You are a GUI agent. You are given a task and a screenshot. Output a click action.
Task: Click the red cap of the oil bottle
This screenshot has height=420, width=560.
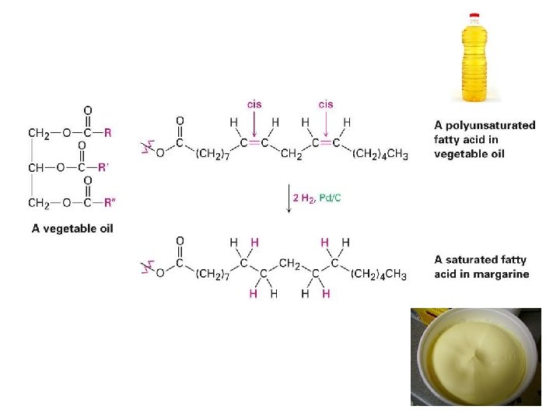[x=474, y=16]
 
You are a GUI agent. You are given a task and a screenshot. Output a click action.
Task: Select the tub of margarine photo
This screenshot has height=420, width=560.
[x=476, y=357]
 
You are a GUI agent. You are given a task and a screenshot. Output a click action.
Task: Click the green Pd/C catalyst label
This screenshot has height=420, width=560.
[x=330, y=198]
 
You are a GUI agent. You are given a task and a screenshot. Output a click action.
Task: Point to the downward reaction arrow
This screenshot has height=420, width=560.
[x=289, y=198]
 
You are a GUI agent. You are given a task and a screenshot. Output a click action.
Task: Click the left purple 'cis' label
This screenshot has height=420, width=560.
[x=254, y=104]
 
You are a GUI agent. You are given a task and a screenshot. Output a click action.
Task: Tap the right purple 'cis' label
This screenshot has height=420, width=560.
[x=326, y=104]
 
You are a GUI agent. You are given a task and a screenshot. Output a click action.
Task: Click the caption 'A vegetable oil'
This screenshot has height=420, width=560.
[x=72, y=229]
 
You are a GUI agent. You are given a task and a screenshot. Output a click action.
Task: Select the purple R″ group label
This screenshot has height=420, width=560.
[x=110, y=203]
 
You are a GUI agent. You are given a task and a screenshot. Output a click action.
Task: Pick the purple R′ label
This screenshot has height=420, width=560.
[x=103, y=167]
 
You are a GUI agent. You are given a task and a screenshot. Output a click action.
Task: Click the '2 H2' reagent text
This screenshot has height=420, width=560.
[x=304, y=198]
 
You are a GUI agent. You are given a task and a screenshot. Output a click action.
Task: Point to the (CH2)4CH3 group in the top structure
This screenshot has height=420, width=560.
[x=380, y=154]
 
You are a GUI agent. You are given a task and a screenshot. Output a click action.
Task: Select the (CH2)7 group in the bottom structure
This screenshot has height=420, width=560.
[x=212, y=275]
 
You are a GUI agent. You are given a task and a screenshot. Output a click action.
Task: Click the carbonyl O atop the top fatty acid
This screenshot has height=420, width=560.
[x=180, y=121]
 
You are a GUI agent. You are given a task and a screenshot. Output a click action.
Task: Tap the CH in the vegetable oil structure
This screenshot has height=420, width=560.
[x=36, y=167]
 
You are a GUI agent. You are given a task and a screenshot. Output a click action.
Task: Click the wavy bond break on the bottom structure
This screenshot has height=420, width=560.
[x=148, y=267]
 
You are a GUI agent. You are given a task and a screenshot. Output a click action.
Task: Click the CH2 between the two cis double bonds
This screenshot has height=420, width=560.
[x=291, y=154]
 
